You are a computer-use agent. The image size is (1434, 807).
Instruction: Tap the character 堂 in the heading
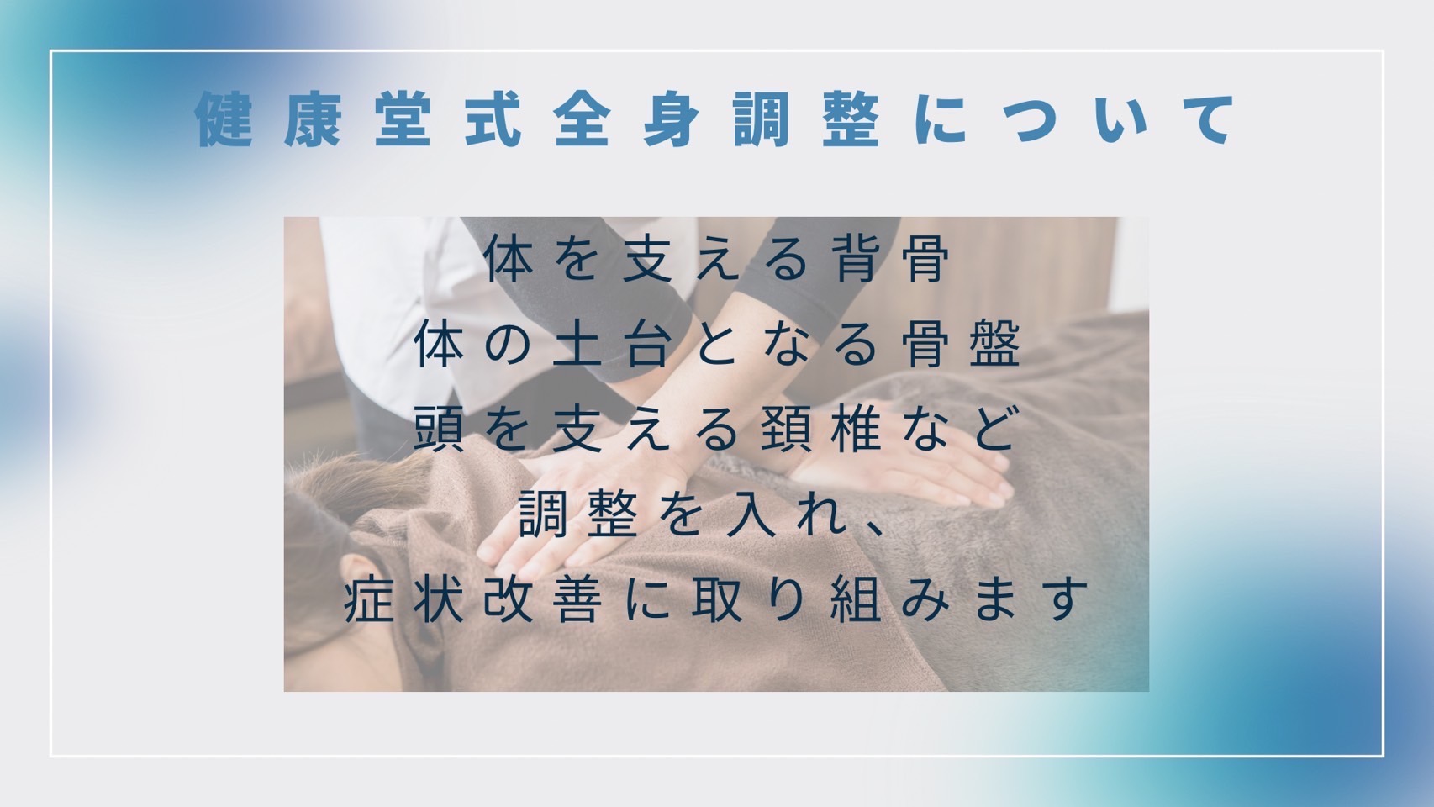click(x=403, y=119)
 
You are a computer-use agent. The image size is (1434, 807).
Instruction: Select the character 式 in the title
click(x=493, y=119)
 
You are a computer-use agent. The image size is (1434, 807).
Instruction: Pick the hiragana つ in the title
click(x=1031, y=120)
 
